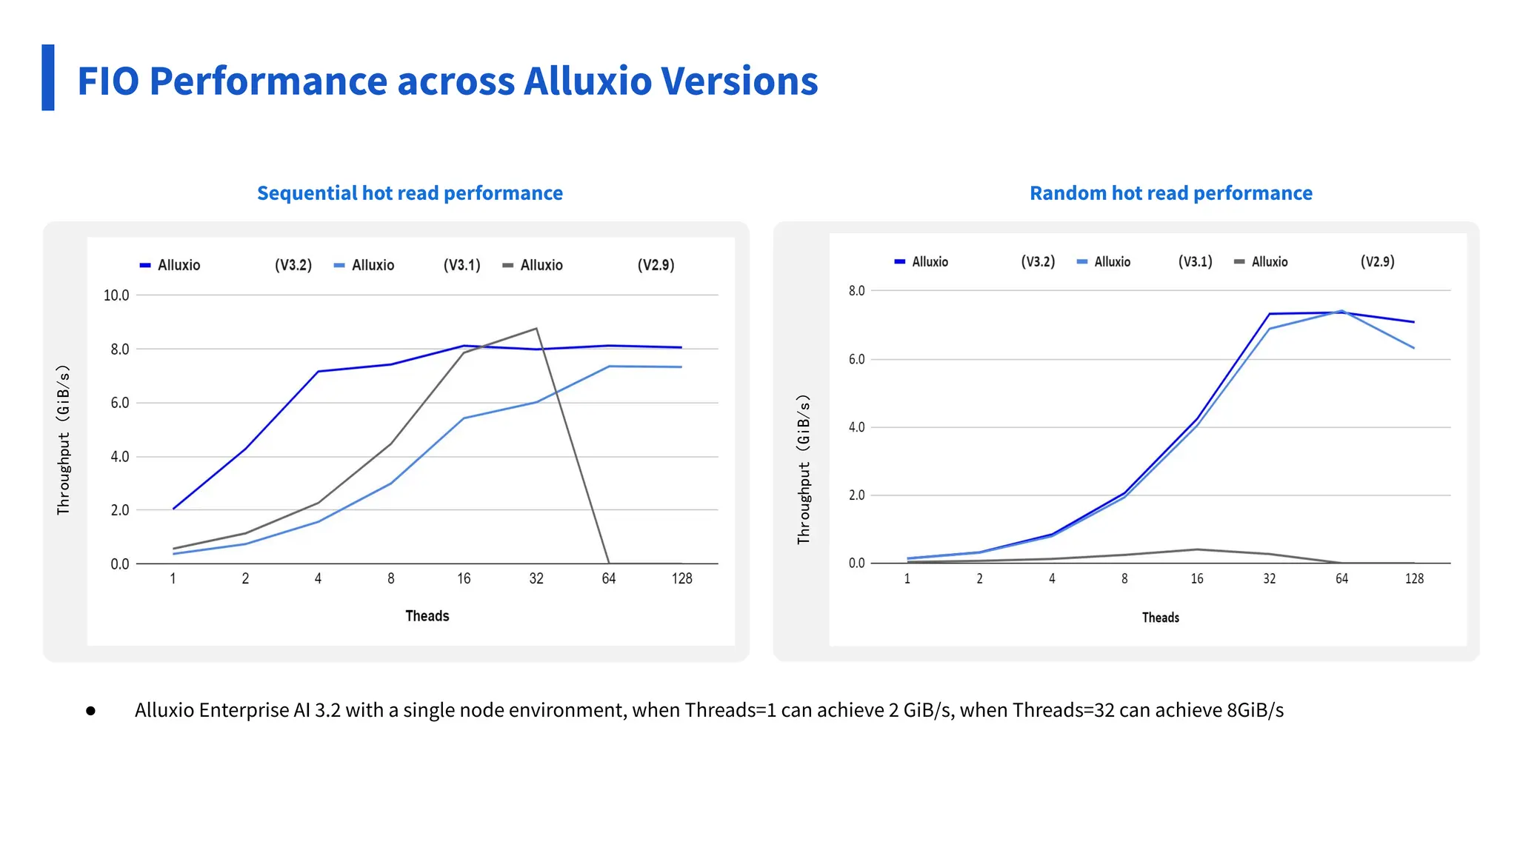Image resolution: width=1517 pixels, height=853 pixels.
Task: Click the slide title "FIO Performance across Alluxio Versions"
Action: (x=447, y=81)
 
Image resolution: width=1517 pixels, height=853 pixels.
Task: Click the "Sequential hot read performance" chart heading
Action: (x=410, y=193)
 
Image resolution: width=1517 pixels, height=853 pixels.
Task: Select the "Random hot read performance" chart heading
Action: (x=1170, y=193)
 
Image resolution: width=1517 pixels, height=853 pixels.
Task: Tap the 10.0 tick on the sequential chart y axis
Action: (x=116, y=295)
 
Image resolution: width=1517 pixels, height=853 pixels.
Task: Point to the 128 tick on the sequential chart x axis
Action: (x=681, y=578)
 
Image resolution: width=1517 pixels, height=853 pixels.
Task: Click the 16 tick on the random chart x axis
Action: (x=1196, y=578)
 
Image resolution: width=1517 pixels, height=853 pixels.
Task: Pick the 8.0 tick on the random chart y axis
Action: (x=856, y=291)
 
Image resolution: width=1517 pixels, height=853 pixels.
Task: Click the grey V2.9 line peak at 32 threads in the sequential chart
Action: (x=536, y=329)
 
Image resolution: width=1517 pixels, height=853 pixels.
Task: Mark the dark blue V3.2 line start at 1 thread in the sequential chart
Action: (x=173, y=509)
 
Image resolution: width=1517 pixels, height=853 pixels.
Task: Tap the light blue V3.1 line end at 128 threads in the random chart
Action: (x=1413, y=348)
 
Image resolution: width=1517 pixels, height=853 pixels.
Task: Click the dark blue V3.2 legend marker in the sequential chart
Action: (x=145, y=265)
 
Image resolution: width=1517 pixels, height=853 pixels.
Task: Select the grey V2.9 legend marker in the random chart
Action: (x=1239, y=261)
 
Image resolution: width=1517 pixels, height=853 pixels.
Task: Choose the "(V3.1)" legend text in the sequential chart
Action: (x=461, y=265)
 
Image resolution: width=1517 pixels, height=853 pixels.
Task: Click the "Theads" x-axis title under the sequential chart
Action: (x=427, y=616)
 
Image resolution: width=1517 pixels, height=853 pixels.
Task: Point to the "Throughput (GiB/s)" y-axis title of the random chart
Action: (x=804, y=469)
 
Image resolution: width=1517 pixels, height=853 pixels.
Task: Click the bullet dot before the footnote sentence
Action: (x=90, y=711)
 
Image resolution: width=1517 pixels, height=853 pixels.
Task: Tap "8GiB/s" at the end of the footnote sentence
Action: (x=1255, y=710)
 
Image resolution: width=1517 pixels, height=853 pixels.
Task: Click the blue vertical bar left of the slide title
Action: (x=48, y=78)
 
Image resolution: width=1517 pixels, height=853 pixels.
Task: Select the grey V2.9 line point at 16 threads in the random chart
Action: (x=1196, y=549)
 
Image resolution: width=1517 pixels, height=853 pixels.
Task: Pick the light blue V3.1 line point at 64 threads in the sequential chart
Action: (x=609, y=366)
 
